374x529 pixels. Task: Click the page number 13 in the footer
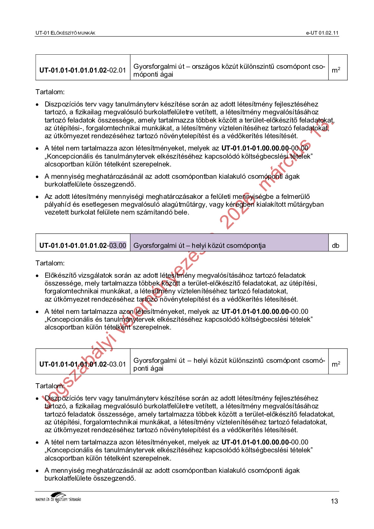(x=334, y=501)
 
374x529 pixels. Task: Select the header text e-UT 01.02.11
(x=322, y=33)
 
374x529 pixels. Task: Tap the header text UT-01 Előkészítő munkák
(x=65, y=33)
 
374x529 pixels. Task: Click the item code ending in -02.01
(x=83, y=70)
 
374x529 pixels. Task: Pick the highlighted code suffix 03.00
(x=117, y=245)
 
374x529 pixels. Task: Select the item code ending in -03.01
(x=83, y=364)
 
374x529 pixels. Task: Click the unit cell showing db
(x=335, y=246)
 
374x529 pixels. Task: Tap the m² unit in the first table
(x=336, y=70)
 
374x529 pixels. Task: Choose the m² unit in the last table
(x=336, y=364)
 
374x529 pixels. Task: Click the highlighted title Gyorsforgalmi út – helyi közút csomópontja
(x=199, y=246)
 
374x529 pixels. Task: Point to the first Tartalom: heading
(x=50, y=92)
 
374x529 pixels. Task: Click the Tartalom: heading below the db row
(x=50, y=263)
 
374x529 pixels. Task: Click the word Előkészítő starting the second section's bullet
(x=60, y=275)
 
